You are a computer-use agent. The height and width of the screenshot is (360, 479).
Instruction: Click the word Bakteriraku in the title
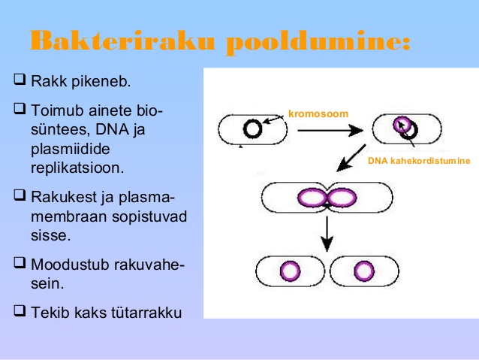122,40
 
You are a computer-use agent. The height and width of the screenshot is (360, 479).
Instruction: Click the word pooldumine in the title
318,43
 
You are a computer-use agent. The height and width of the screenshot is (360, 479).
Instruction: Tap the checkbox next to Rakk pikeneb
20,79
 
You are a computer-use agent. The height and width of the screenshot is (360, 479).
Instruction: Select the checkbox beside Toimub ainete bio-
20,108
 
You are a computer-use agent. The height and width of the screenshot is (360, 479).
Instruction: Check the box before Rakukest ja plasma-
20,195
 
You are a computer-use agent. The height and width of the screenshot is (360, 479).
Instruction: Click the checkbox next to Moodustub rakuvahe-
20,263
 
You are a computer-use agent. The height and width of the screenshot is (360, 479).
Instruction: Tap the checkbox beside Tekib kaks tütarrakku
20,310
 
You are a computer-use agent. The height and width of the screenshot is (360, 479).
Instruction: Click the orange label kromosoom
318,113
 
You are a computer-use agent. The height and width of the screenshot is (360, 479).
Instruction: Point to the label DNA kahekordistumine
419,161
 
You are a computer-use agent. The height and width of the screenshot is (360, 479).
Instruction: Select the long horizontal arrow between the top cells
330,130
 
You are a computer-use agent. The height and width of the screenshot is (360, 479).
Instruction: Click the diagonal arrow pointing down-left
351,158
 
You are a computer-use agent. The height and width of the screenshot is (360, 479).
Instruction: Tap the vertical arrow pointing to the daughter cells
327,234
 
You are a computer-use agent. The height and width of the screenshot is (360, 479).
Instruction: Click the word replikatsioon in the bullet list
77,168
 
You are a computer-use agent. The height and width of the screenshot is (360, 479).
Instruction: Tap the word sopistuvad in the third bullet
149,217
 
